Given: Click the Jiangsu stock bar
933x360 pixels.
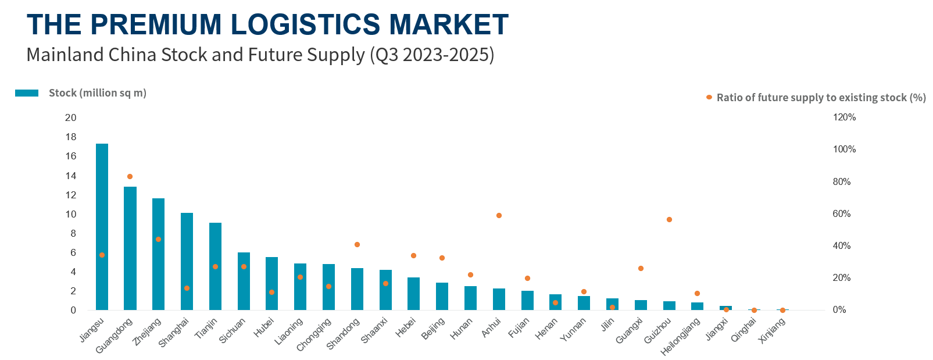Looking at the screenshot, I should pyautogui.click(x=102, y=227).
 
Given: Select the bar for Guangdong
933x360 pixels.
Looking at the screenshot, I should pyautogui.click(x=130, y=248).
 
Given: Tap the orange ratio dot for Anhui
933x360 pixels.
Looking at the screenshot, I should pyautogui.click(x=499, y=215).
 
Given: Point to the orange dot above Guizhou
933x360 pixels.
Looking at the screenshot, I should pyautogui.click(x=669, y=219).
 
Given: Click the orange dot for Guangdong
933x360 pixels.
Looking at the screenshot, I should pyautogui.click(x=130, y=176).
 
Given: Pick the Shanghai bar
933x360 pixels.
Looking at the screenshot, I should pyautogui.click(x=187, y=262).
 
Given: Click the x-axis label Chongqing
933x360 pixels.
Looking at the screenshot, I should pyautogui.click(x=314, y=334).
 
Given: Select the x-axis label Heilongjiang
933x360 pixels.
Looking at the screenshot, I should pyautogui.click(x=681, y=337).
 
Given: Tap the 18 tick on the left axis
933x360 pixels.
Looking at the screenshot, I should pyautogui.click(x=71, y=137).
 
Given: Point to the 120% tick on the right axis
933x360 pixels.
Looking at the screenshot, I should pyautogui.click(x=844, y=117).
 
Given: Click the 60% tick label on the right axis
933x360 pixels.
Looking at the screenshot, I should pyautogui.click(x=841, y=213).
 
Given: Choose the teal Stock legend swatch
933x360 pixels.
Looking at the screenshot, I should pyautogui.click(x=27, y=93).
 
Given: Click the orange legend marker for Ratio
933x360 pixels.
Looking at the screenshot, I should pyautogui.click(x=709, y=97).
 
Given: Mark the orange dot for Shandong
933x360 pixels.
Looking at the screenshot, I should pyautogui.click(x=357, y=244).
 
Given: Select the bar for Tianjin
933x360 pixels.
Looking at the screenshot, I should pyautogui.click(x=215, y=266).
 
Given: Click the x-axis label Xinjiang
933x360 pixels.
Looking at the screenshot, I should pyautogui.click(x=773, y=330).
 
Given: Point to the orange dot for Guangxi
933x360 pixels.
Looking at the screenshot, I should pyautogui.click(x=641, y=268).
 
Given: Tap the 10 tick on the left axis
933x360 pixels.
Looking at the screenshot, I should pyautogui.click(x=71, y=214).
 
